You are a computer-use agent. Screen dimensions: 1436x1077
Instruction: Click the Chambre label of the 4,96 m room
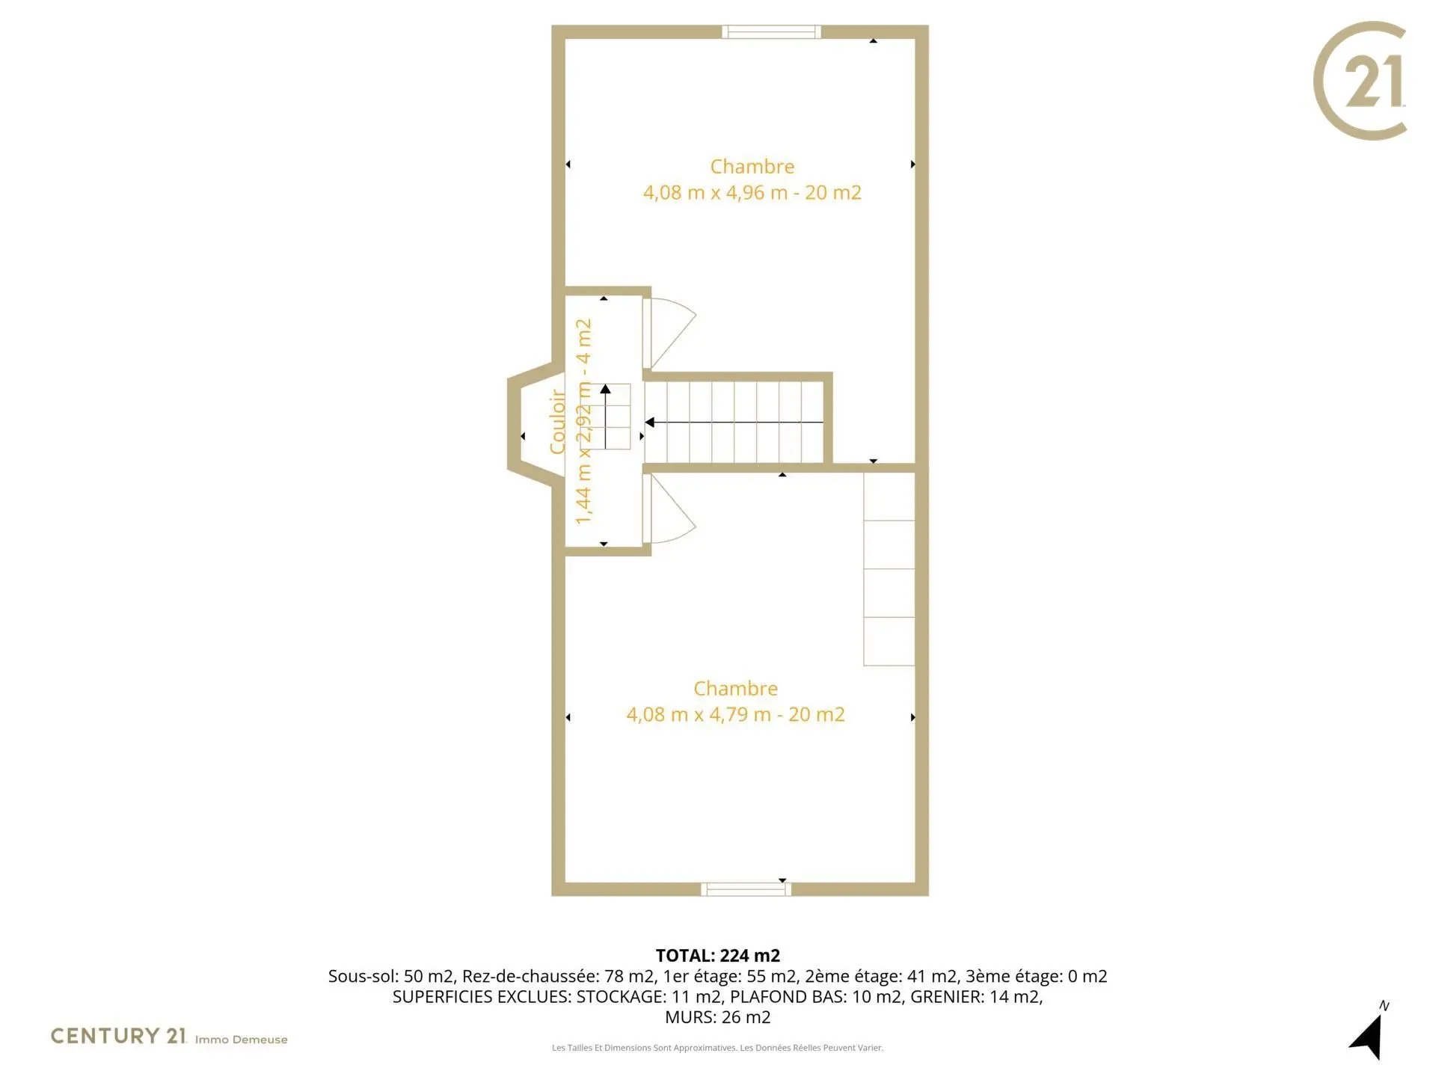pos(752,166)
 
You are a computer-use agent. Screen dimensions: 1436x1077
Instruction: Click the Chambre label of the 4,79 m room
pos(735,688)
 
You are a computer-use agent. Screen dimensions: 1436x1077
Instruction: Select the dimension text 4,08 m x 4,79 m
pos(699,715)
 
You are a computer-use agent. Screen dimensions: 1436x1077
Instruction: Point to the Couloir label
pos(557,421)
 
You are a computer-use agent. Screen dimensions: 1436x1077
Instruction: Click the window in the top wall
pos(771,31)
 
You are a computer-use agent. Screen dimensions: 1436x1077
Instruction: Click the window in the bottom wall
pos(746,889)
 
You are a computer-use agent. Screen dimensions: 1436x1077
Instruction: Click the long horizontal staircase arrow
pos(734,423)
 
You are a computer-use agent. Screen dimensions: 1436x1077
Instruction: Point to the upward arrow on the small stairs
pos(605,417)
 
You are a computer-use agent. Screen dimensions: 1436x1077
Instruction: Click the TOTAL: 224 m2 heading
pos(718,956)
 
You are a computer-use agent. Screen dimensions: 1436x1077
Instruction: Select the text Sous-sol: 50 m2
pos(391,976)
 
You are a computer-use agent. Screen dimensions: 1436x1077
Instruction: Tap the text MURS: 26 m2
pos(718,1017)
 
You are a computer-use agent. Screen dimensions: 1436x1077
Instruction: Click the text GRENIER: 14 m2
pos(975,997)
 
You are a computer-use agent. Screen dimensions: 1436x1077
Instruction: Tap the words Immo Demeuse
pos(241,1040)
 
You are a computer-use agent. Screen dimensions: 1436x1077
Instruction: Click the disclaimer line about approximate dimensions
pos(718,1048)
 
